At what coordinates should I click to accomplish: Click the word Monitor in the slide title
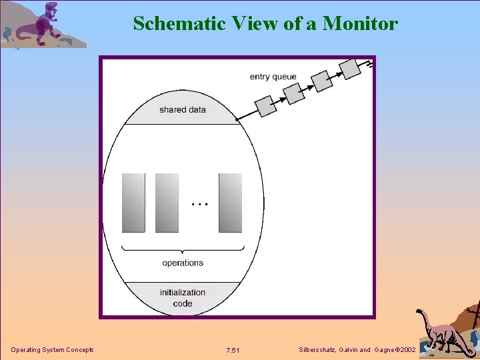click(x=360, y=23)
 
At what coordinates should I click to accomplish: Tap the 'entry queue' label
click(x=273, y=77)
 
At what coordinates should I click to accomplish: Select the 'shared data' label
click(x=182, y=109)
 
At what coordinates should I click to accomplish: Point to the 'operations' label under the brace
click(x=182, y=263)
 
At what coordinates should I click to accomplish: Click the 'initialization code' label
click(x=182, y=297)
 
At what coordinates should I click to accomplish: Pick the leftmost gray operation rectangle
click(x=133, y=203)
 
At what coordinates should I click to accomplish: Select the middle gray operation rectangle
click(x=167, y=203)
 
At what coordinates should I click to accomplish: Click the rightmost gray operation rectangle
click(x=230, y=203)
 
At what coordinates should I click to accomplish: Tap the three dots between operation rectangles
click(x=199, y=203)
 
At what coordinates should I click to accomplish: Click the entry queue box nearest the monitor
click(x=266, y=105)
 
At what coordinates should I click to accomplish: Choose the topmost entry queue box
click(x=350, y=69)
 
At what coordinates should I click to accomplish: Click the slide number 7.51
click(x=233, y=351)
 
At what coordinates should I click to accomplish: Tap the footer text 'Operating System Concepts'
click(x=52, y=350)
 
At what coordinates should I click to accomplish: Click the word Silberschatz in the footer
click(x=319, y=350)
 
